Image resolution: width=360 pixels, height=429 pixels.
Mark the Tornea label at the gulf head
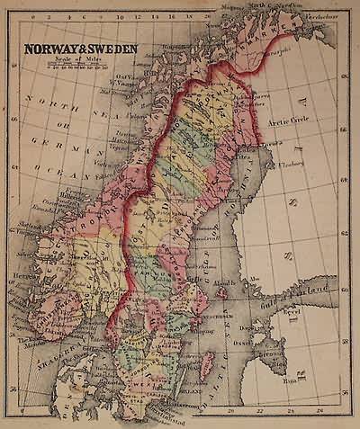point(267,144)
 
